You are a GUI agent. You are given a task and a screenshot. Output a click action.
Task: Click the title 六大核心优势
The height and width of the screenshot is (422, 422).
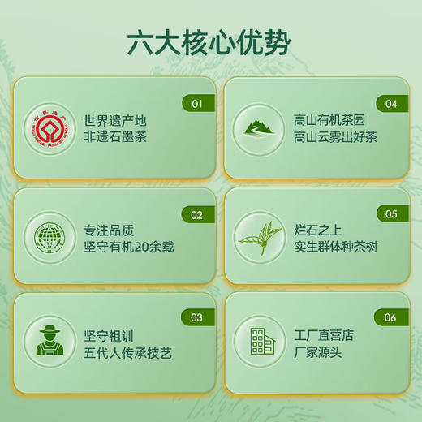[x=209, y=41]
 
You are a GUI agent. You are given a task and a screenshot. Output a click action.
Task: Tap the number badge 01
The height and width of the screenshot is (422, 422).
[x=196, y=104]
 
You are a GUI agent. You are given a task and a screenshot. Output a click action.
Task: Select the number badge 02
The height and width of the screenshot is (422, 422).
[x=196, y=215]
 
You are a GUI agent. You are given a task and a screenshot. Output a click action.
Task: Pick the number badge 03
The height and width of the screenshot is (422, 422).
[x=196, y=318]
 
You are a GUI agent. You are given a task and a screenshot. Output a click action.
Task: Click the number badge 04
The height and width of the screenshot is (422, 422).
[x=391, y=104]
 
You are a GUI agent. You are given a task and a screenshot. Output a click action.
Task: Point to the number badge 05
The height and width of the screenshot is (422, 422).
[x=391, y=215]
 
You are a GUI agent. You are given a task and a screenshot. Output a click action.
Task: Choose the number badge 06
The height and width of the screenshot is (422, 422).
[x=391, y=318]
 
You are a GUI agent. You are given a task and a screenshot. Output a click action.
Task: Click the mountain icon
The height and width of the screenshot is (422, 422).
[x=259, y=127]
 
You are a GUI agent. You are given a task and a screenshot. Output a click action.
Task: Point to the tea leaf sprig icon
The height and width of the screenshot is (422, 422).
[x=259, y=238]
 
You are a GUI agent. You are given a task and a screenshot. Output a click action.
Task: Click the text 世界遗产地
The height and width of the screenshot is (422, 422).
[x=114, y=121]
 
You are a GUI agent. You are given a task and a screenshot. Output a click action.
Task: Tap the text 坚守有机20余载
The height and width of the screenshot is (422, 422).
[x=129, y=247]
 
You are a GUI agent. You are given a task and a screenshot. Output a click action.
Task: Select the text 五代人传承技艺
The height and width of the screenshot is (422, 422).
[x=128, y=352]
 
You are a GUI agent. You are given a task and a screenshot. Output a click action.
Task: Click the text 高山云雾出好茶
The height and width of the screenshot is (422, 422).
[x=336, y=137]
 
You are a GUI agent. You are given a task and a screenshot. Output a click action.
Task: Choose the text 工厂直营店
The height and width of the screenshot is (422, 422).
[x=325, y=335]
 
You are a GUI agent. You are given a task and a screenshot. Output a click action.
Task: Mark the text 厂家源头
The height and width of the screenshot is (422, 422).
[x=316, y=352]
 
